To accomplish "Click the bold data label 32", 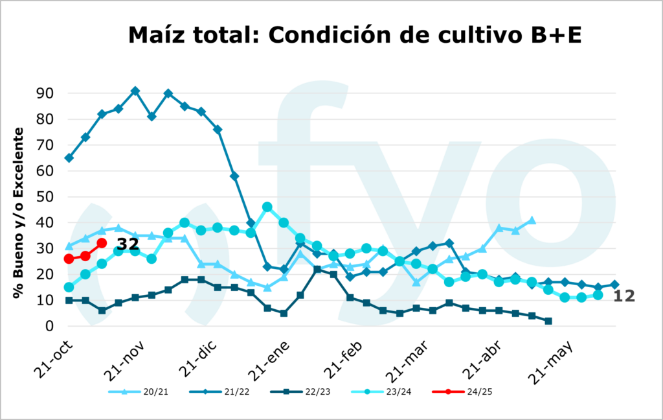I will click(x=128, y=244).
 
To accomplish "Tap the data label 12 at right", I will click(x=624, y=296).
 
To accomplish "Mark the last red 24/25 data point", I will click(x=102, y=243).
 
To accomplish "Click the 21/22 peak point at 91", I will click(x=135, y=91).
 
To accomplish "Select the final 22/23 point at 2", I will click(x=548, y=321).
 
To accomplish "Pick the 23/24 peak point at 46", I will click(x=267, y=207).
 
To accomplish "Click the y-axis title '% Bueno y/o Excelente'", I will click(x=19, y=213).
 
